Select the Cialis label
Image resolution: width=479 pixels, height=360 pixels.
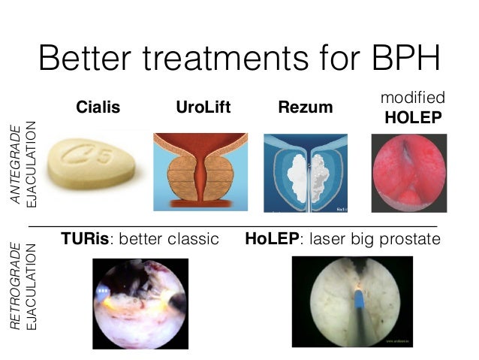98,107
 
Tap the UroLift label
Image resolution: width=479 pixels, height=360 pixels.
203,107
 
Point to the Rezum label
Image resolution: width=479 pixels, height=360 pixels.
305,107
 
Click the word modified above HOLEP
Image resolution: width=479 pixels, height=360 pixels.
413,98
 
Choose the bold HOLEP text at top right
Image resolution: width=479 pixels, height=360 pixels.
413,118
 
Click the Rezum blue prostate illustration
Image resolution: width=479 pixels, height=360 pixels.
305,171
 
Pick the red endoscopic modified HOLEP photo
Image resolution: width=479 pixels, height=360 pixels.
409,171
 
